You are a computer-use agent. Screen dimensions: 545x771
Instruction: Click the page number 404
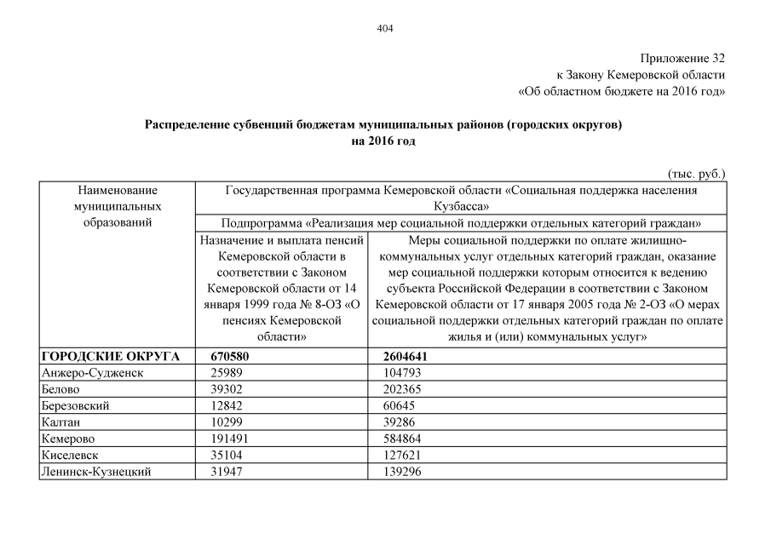click(x=385, y=28)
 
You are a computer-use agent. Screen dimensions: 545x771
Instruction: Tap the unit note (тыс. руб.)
click(x=697, y=174)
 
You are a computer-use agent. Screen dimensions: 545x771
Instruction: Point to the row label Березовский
click(x=75, y=406)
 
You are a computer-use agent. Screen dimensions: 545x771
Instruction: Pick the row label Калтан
click(x=60, y=422)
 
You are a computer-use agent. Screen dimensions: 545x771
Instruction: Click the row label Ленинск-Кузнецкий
click(x=96, y=471)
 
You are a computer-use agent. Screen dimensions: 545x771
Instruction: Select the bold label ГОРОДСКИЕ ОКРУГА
click(x=110, y=357)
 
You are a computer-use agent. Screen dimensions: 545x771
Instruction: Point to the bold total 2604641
click(x=406, y=357)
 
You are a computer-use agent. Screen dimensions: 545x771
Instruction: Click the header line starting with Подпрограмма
click(x=461, y=223)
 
